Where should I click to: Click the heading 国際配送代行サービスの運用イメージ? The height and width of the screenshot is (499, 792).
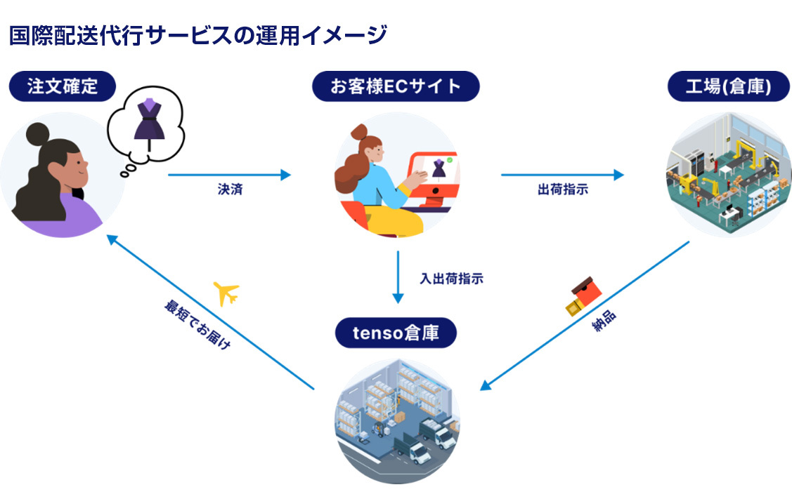(x=198, y=35)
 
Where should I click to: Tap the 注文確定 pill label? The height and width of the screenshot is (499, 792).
(x=63, y=86)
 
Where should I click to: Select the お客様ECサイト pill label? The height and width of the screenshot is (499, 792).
(x=396, y=86)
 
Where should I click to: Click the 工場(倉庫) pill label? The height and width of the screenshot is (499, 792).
(x=728, y=86)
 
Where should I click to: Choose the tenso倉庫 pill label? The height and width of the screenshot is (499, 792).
(x=396, y=333)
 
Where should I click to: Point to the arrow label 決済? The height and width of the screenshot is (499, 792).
(x=231, y=189)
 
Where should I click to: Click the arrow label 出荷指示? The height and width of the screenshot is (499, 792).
(x=563, y=189)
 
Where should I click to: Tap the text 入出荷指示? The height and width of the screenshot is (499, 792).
(x=452, y=279)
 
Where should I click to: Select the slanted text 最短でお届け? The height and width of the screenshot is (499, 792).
(x=197, y=324)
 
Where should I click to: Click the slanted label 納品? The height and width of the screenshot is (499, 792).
(x=604, y=321)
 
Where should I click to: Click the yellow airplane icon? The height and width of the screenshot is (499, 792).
(x=226, y=293)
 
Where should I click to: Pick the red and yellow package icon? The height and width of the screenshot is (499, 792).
(x=583, y=295)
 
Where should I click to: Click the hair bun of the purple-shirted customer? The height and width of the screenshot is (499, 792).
(x=37, y=134)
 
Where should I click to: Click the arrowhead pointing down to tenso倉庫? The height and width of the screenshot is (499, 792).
(x=398, y=298)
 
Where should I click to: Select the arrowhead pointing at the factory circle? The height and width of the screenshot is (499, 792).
(x=618, y=175)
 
